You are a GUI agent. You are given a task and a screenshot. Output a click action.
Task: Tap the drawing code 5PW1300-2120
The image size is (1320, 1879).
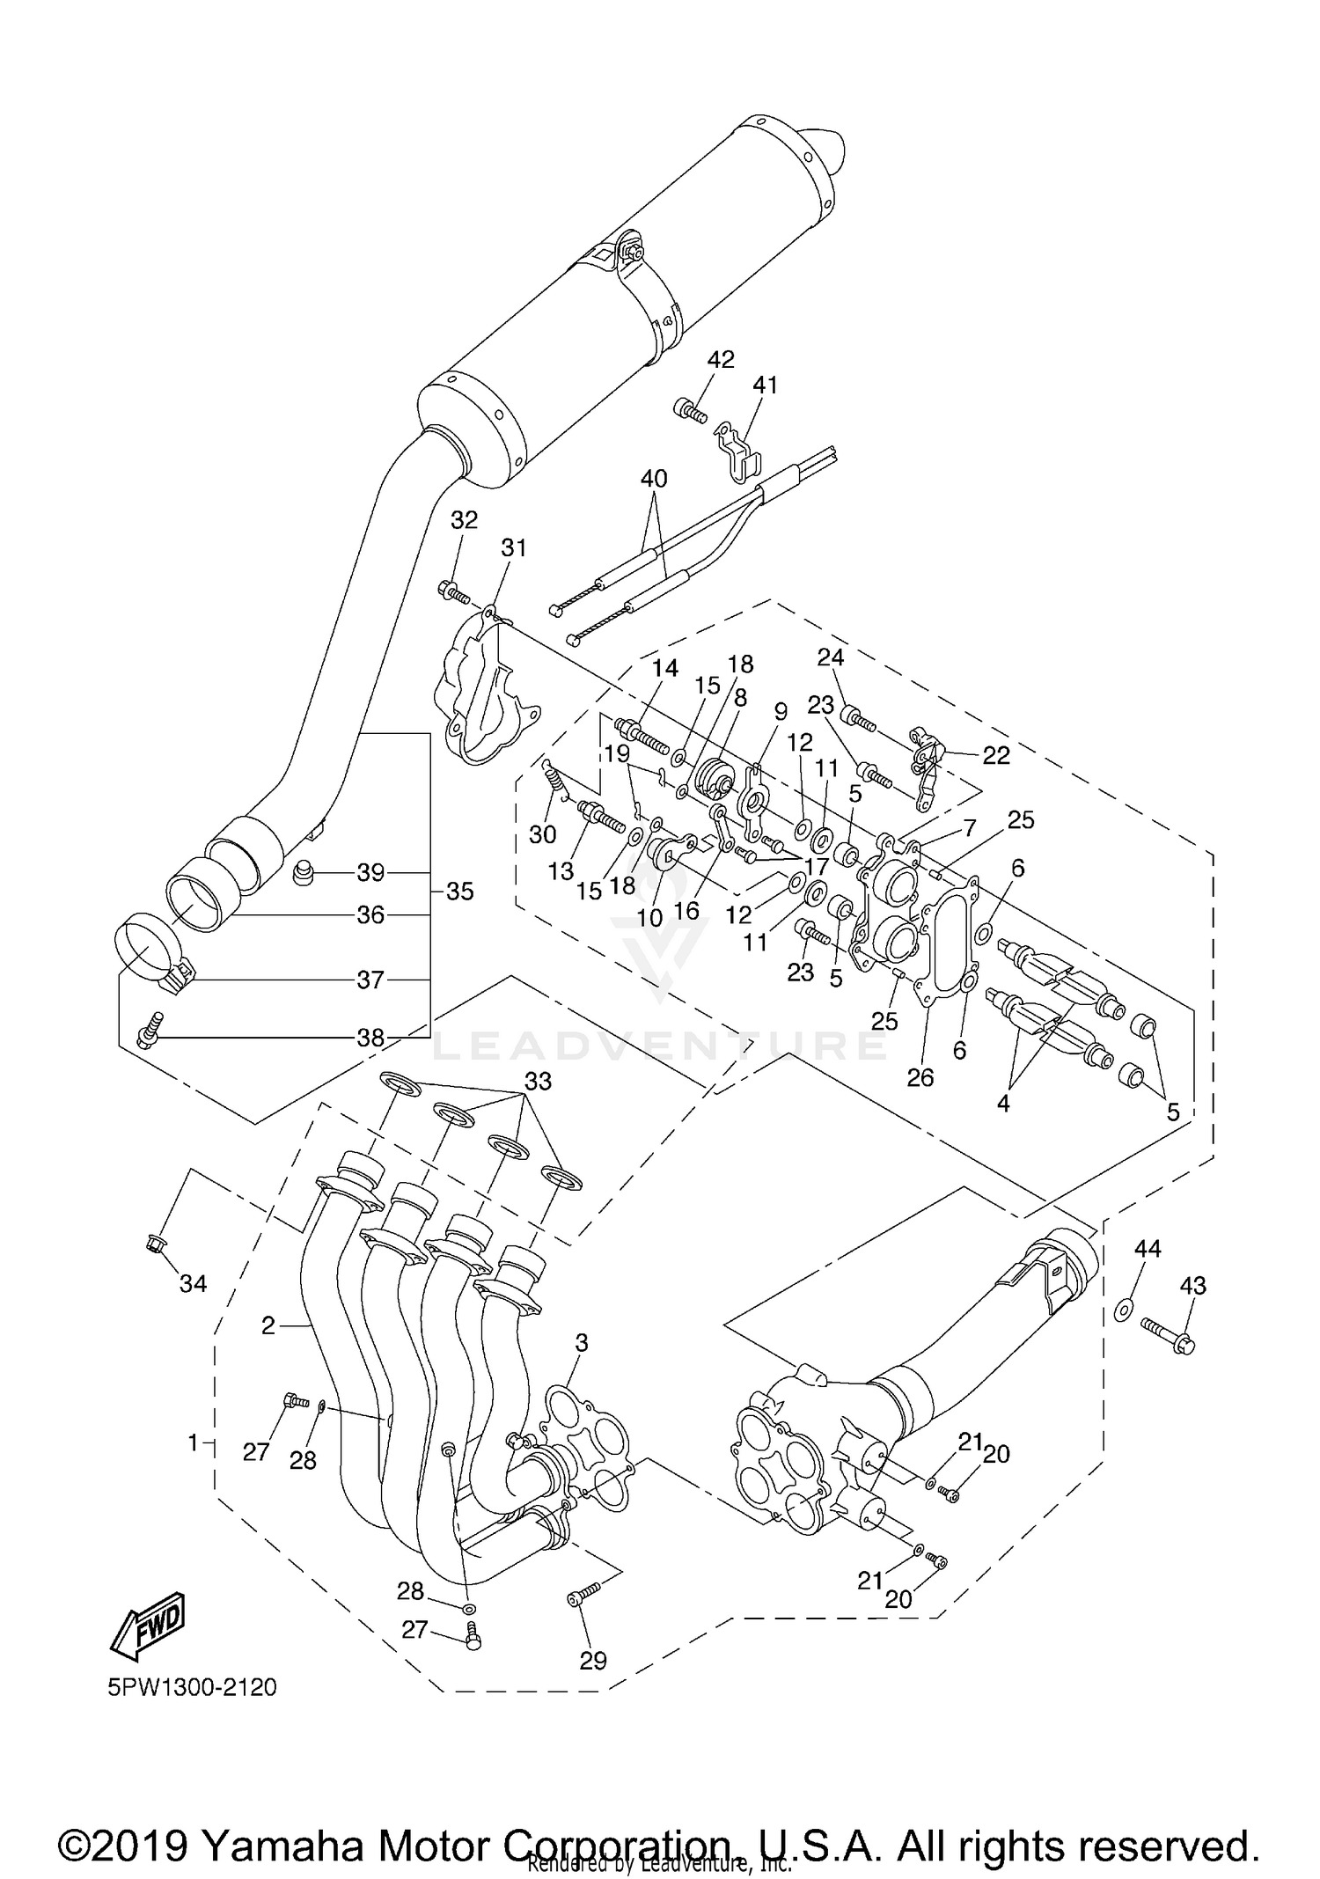[x=192, y=1687]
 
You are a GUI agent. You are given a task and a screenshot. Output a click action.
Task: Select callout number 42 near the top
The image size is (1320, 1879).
[x=721, y=360]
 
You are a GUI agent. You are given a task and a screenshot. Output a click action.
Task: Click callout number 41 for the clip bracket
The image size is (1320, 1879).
[x=766, y=385]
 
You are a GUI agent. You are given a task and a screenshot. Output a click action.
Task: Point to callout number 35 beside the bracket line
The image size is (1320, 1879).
[x=459, y=892]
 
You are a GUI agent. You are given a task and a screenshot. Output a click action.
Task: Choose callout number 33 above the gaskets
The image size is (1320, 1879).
[x=538, y=1081]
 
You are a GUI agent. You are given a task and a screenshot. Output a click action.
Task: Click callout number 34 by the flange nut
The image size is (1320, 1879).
[x=193, y=1284]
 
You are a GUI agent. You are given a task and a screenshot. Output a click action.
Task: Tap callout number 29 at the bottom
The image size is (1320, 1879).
[x=593, y=1661]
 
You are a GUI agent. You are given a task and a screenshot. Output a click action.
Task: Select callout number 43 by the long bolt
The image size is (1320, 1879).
[x=1192, y=1286]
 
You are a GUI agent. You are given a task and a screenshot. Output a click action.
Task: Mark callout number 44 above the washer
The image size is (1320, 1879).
[x=1148, y=1248]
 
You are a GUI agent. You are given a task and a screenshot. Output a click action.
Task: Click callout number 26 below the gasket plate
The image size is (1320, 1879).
[x=920, y=1077]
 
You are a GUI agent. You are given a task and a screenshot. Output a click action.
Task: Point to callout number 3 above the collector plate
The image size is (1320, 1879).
[x=582, y=1343]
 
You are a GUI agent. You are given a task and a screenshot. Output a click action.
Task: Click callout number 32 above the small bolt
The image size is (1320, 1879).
[x=464, y=520]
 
